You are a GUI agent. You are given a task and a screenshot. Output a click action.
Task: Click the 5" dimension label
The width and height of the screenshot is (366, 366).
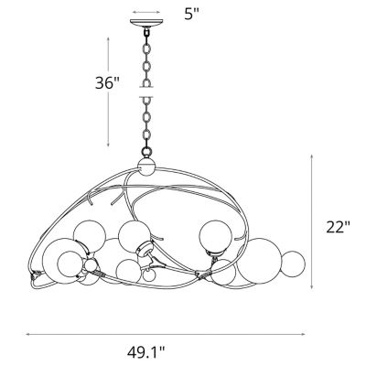[191, 14]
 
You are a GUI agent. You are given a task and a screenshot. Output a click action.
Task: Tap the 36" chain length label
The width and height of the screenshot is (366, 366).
[106, 82]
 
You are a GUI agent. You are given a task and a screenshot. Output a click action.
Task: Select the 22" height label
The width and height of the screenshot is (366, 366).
[338, 227]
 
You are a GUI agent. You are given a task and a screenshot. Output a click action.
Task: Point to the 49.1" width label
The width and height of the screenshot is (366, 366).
[145, 352]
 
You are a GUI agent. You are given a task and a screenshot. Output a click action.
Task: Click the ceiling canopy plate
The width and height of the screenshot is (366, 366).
[146, 23]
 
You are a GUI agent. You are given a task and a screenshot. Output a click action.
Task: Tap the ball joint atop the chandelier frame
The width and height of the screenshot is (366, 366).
[146, 167]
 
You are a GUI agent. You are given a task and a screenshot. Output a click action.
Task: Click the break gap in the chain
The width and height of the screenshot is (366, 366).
[146, 92]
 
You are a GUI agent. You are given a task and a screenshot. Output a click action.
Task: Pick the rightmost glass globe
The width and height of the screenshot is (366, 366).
[293, 264]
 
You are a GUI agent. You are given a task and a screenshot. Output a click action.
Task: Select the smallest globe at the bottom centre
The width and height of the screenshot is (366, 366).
[149, 275]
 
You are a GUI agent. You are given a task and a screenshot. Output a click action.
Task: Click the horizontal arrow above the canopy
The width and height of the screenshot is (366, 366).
[146, 13]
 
